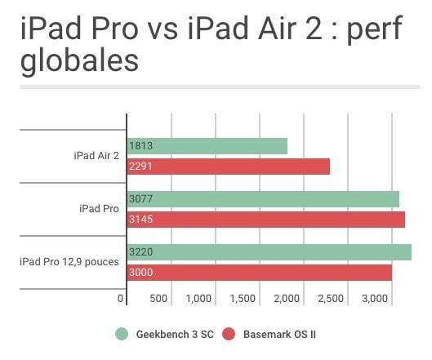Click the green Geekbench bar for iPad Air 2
(207, 146)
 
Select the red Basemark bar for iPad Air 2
(229, 167)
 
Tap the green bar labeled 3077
(263, 199)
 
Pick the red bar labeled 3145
(266, 220)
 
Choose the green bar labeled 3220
(269, 252)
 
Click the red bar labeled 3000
(260, 273)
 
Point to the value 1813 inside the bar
(140, 145)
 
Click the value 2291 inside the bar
(140, 167)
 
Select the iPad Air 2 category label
(96, 156)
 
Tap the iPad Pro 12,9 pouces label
(69, 262)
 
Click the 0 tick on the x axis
(120, 298)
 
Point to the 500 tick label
(158, 298)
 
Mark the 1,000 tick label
(198, 299)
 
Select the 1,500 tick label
(243, 299)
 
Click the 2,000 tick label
(287, 299)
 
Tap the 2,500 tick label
(331, 299)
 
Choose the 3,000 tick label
(375, 299)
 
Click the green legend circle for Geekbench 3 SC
(122, 334)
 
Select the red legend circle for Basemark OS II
(229, 334)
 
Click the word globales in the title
(79, 61)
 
